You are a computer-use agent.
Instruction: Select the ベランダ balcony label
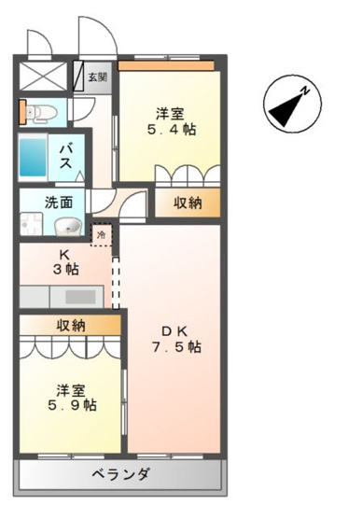[x=120, y=474]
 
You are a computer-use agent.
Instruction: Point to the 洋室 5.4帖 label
[x=170, y=121]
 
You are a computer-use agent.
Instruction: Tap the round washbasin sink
[x=66, y=227]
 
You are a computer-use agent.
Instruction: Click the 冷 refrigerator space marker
[x=100, y=233]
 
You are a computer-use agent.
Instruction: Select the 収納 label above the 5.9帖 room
[x=70, y=326]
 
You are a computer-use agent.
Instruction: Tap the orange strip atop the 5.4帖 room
[x=169, y=65]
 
